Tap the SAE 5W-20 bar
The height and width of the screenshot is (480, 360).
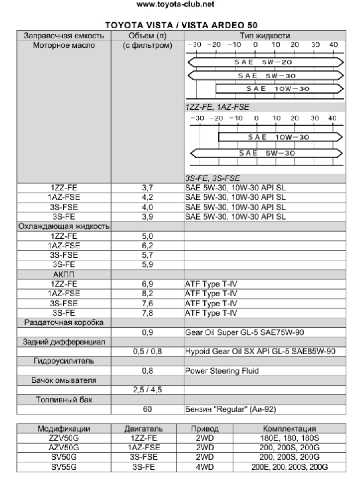(x=266, y=62)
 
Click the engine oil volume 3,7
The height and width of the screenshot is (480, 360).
(x=148, y=187)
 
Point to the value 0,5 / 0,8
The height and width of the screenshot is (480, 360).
(x=148, y=351)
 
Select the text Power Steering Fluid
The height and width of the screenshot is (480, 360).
(x=222, y=371)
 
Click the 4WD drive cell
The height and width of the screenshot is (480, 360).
(x=206, y=466)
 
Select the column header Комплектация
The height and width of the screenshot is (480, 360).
(x=287, y=429)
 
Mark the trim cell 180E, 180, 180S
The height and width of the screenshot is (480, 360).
(x=287, y=438)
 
